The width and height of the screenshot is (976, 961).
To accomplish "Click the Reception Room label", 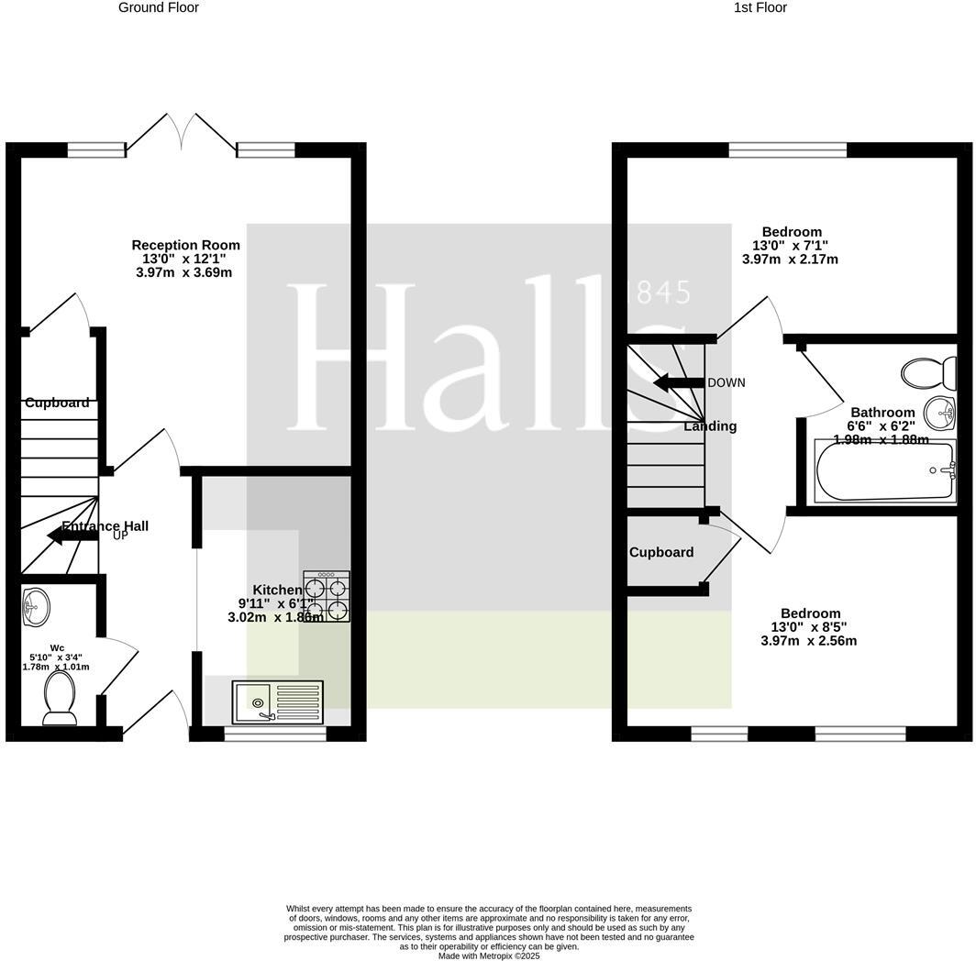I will click(x=185, y=245).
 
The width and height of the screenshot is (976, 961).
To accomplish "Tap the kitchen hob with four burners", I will click(x=327, y=597).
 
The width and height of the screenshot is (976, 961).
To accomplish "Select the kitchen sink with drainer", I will click(x=277, y=701).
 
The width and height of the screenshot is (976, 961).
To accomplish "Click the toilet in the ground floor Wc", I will click(x=60, y=698).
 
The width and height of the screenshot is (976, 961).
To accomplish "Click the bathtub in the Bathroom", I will click(x=884, y=471).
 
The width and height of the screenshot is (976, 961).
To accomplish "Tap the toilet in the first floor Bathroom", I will click(x=928, y=373).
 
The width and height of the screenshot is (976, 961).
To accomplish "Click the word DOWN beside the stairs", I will click(x=726, y=382).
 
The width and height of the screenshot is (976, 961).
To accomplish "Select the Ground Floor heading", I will click(x=159, y=7).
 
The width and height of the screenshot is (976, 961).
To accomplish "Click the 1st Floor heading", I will click(x=760, y=7).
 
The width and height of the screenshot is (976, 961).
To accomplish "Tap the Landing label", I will click(x=710, y=425).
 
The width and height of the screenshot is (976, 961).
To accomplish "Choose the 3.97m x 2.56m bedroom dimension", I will click(x=808, y=640).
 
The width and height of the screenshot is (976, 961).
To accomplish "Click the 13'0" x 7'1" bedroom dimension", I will click(x=790, y=246).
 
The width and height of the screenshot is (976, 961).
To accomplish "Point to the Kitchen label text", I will click(x=276, y=590).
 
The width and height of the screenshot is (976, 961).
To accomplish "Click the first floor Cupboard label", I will click(x=660, y=552).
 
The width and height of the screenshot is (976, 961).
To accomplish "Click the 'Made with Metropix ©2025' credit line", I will click(x=489, y=955).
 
